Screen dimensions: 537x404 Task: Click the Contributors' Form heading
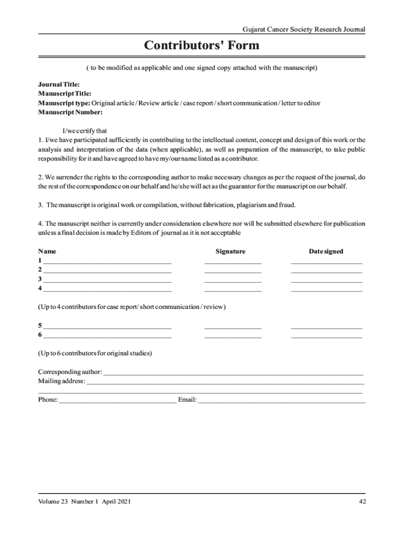tap(201, 46)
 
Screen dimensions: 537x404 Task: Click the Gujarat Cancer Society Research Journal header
tap(303, 29)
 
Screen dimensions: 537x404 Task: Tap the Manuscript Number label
tap(70, 112)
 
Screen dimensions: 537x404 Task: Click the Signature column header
tap(230, 252)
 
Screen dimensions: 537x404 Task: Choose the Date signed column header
tap(326, 252)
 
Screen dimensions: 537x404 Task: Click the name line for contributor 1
tap(107, 262)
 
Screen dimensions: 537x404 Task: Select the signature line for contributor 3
tap(232, 281)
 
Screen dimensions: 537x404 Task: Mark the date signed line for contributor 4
tap(326, 290)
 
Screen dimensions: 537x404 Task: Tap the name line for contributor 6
tap(107, 336)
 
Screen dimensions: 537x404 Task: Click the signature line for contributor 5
tap(232, 327)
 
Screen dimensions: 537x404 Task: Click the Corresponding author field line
tap(233, 374)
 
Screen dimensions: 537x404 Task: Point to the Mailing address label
tap(61, 381)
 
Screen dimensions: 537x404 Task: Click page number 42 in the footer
tap(362, 502)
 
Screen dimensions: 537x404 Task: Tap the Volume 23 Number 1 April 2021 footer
tap(84, 502)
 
